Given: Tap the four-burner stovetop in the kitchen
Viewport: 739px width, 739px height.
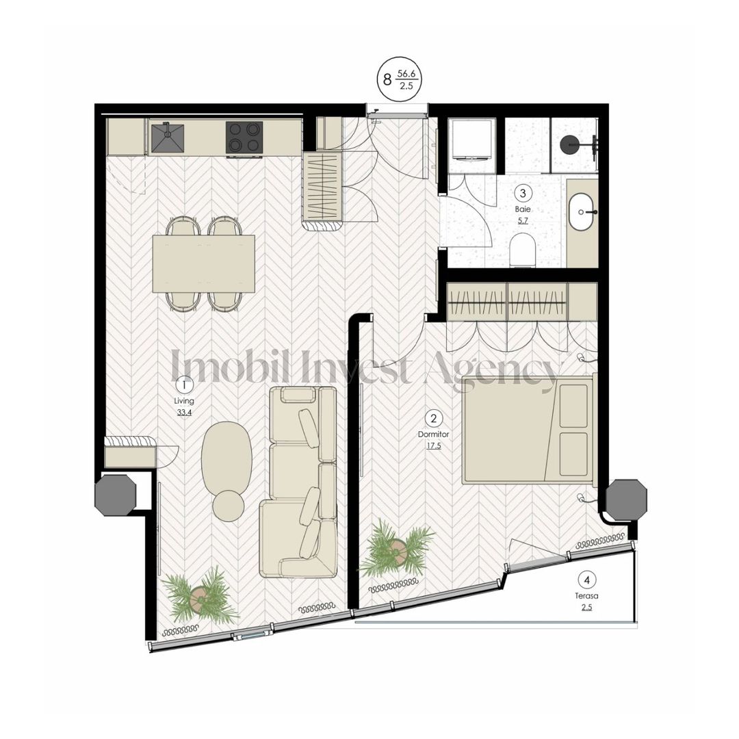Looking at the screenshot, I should pyautogui.click(x=244, y=138).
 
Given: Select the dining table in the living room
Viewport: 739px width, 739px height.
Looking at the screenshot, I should pyautogui.click(x=203, y=263).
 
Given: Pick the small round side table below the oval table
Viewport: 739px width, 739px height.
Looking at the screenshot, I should pyautogui.click(x=229, y=506).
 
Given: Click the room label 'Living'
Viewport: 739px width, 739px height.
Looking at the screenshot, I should pyautogui.click(x=183, y=401).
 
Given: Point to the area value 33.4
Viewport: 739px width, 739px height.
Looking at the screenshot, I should pyautogui.click(x=183, y=413).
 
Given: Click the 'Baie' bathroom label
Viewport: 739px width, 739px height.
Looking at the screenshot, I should pyautogui.click(x=522, y=209).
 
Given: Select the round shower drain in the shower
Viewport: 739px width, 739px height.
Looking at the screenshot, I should pyautogui.click(x=569, y=144).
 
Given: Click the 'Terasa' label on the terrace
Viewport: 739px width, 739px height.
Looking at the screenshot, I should pyautogui.click(x=586, y=595).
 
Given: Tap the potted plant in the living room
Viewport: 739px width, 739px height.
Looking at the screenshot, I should pyautogui.click(x=198, y=595).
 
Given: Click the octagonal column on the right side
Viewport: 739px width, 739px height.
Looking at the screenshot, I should pyautogui.click(x=626, y=500).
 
